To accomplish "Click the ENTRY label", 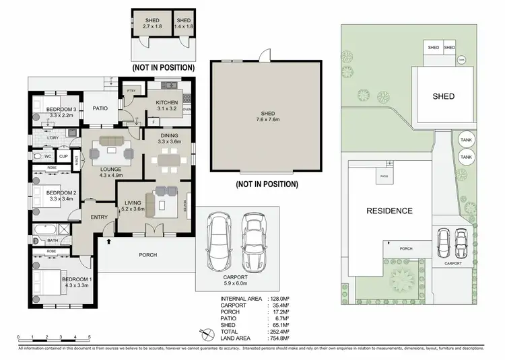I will tap(99, 216).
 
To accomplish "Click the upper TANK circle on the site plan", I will tap(465, 139).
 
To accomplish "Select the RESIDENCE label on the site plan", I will tap(389, 211).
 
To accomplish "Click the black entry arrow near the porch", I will tap(108, 240).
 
